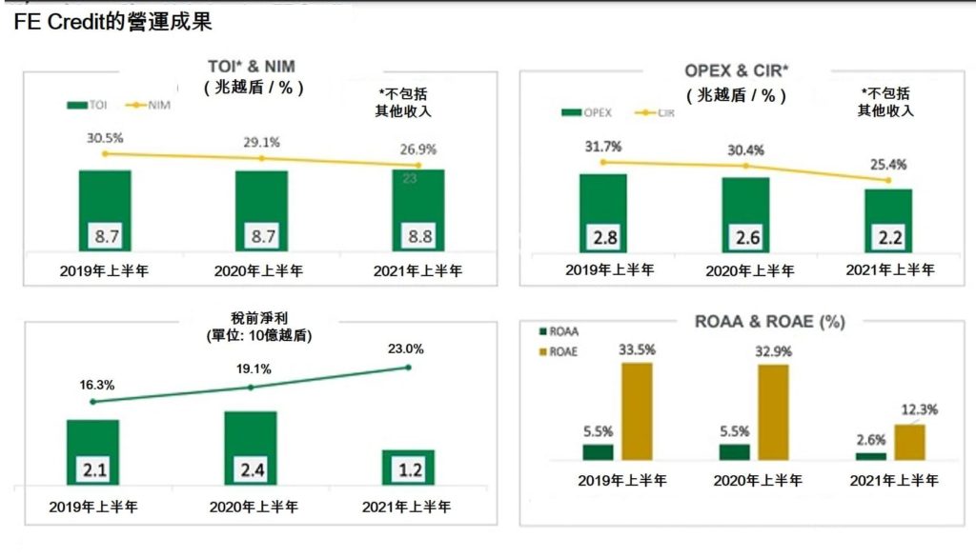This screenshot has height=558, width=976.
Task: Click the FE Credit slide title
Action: point(112,20)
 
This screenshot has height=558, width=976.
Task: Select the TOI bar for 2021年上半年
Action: point(417,210)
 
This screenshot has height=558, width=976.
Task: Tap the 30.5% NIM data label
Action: point(105,138)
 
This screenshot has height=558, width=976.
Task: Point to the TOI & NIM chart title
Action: point(252,68)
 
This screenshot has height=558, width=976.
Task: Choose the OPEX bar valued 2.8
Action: point(602,213)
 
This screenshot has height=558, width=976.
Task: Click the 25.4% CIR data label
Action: point(888,165)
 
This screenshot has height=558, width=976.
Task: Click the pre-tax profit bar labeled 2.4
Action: point(250,448)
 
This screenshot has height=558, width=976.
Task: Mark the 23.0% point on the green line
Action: point(408,367)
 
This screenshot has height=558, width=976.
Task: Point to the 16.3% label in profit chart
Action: point(96,386)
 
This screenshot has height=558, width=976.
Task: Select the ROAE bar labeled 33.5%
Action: point(636,411)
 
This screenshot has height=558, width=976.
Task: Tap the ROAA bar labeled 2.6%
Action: point(870,456)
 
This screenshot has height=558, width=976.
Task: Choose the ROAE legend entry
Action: point(560,351)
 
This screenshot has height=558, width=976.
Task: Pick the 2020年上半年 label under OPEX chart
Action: point(749,270)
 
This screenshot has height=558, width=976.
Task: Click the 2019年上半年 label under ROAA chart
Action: point(621,480)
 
